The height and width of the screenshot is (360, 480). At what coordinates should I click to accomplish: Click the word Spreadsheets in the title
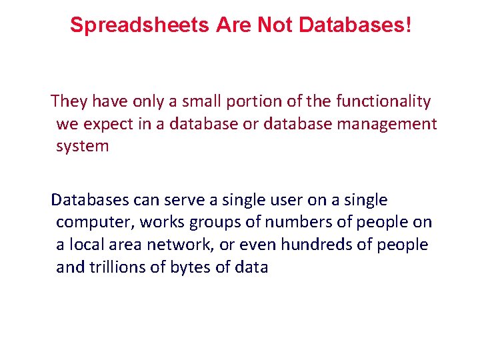pos(140,25)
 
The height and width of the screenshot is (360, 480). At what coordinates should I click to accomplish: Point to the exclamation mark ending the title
pos(408,25)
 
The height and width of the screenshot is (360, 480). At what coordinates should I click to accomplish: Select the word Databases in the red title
pos(351,25)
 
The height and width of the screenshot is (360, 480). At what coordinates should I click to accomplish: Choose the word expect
pos(107,124)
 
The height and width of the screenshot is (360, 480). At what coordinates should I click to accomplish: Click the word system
pos(82,147)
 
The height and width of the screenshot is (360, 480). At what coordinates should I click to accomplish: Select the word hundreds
pos(318,245)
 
